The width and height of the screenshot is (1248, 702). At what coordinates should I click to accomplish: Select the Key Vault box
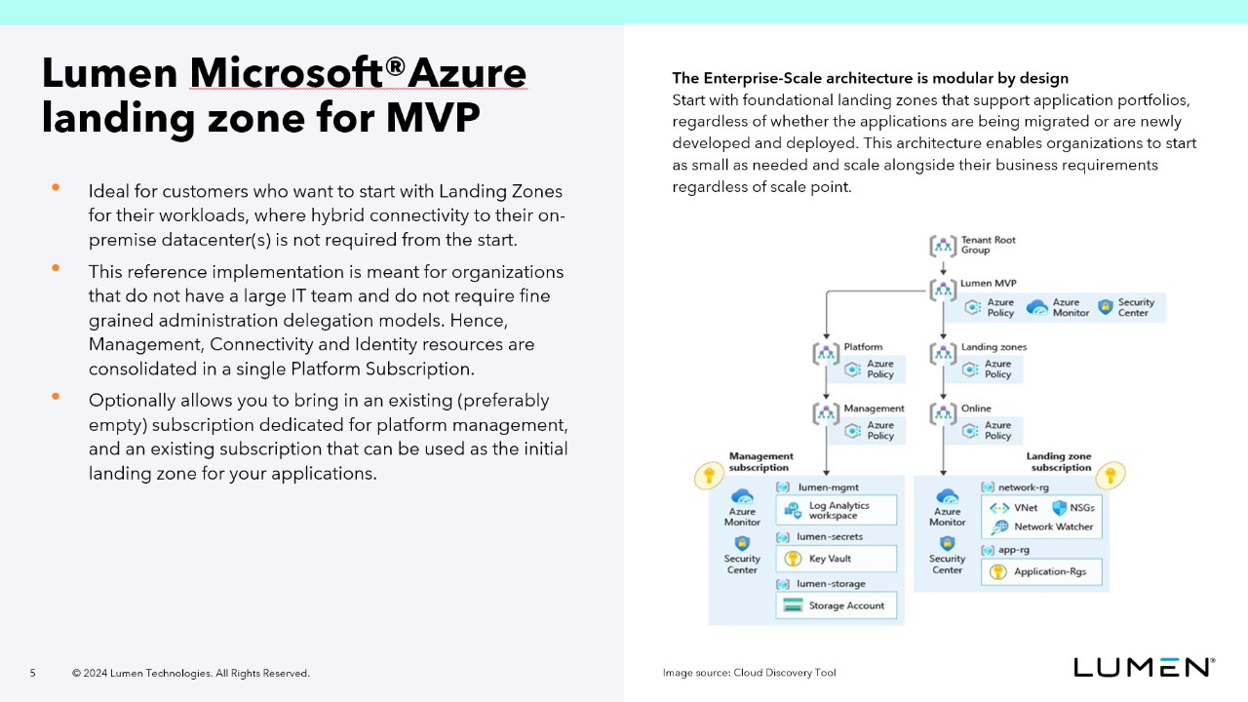click(836, 559)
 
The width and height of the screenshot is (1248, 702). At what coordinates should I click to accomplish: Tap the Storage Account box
click(836, 605)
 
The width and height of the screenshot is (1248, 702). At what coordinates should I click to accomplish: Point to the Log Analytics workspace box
click(836, 510)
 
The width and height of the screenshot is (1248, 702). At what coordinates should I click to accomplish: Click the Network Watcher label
click(1053, 526)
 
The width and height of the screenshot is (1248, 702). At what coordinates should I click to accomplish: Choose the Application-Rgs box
click(1040, 572)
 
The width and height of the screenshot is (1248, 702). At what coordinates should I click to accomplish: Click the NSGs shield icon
click(1059, 508)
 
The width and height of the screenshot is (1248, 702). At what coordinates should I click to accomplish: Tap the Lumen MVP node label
click(988, 284)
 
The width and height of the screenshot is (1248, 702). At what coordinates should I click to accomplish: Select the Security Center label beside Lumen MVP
click(1136, 307)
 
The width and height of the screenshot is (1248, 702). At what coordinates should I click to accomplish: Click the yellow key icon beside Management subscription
click(707, 477)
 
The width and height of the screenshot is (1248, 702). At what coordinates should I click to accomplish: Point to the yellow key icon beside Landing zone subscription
click(1110, 475)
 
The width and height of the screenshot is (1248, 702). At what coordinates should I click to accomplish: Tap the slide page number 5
click(32, 673)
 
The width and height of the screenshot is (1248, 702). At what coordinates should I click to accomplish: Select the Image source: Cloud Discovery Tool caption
click(749, 673)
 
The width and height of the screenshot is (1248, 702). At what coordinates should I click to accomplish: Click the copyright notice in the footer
click(190, 673)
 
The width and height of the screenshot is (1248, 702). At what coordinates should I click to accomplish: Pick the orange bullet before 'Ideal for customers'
click(56, 187)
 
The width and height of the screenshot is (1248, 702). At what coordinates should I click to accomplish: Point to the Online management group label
click(976, 409)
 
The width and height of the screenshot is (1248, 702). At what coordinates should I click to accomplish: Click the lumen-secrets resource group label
click(830, 537)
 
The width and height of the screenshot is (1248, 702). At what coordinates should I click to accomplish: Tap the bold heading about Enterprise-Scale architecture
click(870, 78)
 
